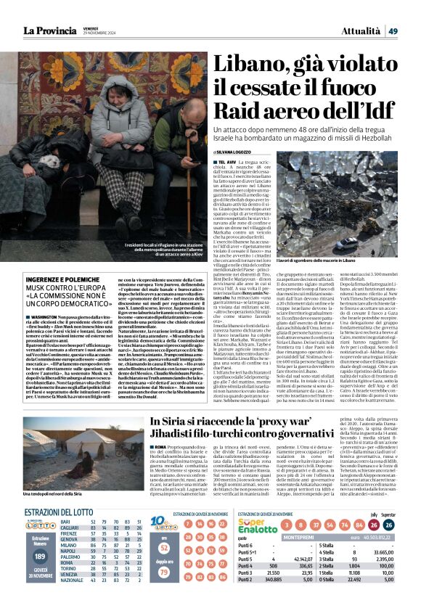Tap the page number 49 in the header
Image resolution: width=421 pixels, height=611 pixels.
click(x=412, y=30)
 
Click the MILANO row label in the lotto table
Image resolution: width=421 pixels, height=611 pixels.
click(x=69, y=565)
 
